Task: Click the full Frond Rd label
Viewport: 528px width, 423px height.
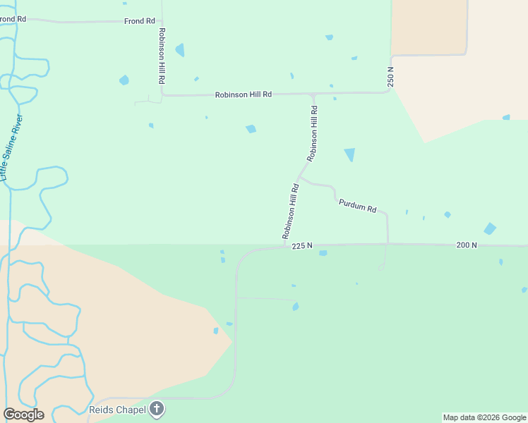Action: pyautogui.click(x=139, y=21)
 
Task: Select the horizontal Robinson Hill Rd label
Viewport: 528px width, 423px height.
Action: pyautogui.click(x=243, y=94)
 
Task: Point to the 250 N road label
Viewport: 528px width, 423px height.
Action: pyautogui.click(x=390, y=76)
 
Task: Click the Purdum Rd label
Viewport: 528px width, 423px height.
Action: pyautogui.click(x=357, y=205)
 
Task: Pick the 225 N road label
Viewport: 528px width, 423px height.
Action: pyautogui.click(x=301, y=245)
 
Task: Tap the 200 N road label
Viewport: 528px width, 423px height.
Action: pyautogui.click(x=467, y=245)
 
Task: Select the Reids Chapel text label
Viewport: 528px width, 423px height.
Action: pyautogui.click(x=117, y=410)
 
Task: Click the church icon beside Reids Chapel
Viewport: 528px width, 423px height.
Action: pyautogui.click(x=157, y=409)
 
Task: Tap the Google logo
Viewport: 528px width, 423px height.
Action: pyautogui.click(x=23, y=415)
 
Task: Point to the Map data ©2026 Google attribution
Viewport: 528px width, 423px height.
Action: pyautogui.click(x=485, y=417)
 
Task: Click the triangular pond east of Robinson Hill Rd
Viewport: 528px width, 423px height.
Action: pyautogui.click(x=349, y=154)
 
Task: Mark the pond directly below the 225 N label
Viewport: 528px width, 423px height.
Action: pyautogui.click(x=323, y=253)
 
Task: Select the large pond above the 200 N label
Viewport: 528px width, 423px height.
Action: pyautogui.click(x=489, y=228)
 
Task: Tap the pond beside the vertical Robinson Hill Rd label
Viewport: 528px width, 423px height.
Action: pyautogui.click(x=179, y=50)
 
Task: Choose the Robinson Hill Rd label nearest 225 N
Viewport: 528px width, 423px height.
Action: pyautogui.click(x=291, y=211)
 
